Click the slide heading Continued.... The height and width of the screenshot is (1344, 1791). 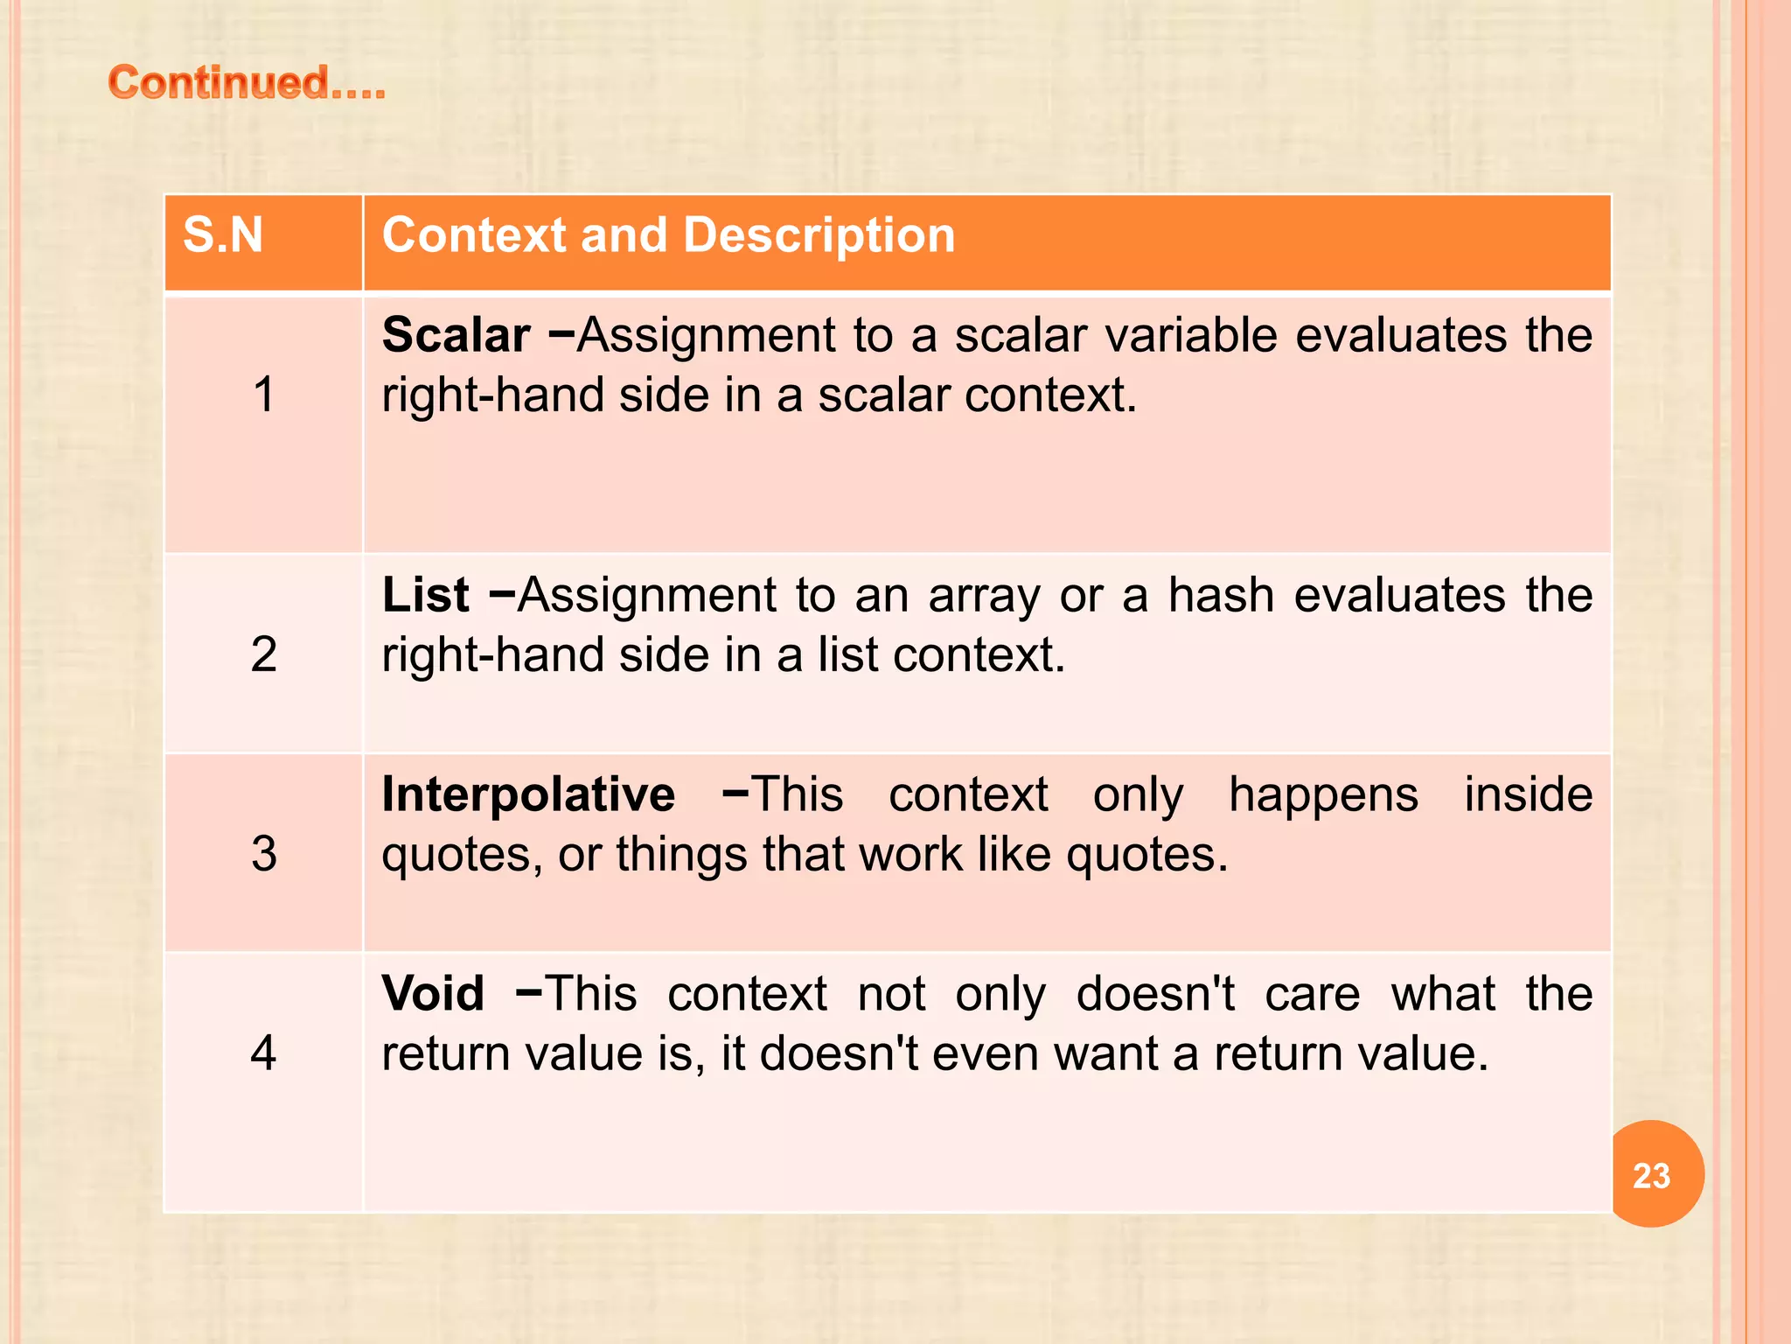point(247,83)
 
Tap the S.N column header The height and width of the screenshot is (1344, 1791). point(223,235)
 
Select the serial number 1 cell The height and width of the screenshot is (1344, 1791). point(263,395)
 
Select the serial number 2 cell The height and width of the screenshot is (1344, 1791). point(263,654)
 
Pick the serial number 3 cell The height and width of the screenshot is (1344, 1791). point(263,853)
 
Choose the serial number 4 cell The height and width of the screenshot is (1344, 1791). point(263,1053)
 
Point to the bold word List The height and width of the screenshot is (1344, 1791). point(426,595)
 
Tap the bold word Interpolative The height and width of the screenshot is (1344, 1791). point(528,794)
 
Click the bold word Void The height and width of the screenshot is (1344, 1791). point(433,994)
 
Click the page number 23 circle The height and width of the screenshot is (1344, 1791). point(1651,1175)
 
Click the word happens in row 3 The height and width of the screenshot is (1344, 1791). point(1323,795)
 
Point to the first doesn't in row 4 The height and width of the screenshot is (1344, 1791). point(1155,994)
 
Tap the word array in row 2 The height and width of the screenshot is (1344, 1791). point(985,597)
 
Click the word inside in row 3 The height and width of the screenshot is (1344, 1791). point(1528,794)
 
